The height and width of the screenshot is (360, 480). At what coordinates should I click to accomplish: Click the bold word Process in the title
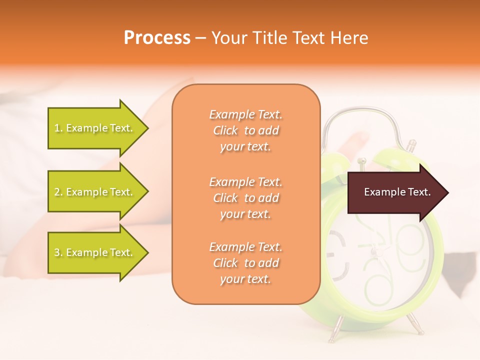pyautogui.click(x=157, y=38)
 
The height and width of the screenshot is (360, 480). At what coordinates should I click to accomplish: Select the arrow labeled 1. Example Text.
pyautogui.click(x=95, y=128)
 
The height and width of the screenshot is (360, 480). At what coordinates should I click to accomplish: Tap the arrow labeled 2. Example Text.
pyautogui.click(x=95, y=192)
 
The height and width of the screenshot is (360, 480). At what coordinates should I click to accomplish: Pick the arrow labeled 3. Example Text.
pyautogui.click(x=95, y=252)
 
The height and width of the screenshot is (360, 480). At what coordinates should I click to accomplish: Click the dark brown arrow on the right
pyautogui.click(x=395, y=192)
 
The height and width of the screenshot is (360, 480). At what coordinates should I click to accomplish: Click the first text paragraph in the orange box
pyautogui.click(x=245, y=130)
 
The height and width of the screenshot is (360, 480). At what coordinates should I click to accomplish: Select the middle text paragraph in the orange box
pyautogui.click(x=245, y=198)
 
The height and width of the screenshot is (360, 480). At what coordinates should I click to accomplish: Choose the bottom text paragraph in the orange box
pyautogui.click(x=245, y=263)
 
